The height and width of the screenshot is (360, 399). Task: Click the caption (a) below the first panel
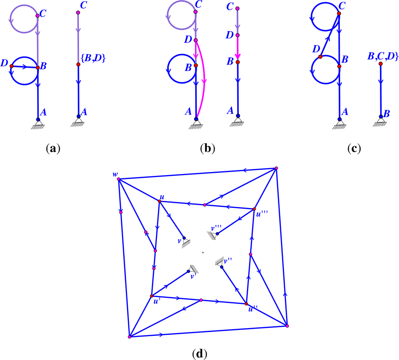click(53, 148)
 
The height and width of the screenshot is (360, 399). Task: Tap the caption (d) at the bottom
click(199, 354)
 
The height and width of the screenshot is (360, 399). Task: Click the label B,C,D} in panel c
click(383, 57)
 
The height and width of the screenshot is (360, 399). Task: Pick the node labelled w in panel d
click(119, 179)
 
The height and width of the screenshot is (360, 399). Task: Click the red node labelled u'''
click(254, 209)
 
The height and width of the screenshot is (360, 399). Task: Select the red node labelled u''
click(246, 303)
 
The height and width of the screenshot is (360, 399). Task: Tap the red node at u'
click(151, 296)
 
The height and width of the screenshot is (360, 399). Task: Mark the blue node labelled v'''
click(217, 234)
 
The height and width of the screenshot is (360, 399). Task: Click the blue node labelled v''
click(221, 267)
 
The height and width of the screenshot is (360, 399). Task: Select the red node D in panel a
click(12, 66)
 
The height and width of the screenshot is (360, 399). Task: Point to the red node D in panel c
click(320, 57)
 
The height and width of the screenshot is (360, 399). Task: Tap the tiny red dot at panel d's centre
click(203, 253)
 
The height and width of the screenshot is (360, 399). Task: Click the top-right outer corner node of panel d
click(276, 168)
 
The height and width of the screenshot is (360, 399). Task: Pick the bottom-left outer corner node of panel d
click(129, 337)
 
